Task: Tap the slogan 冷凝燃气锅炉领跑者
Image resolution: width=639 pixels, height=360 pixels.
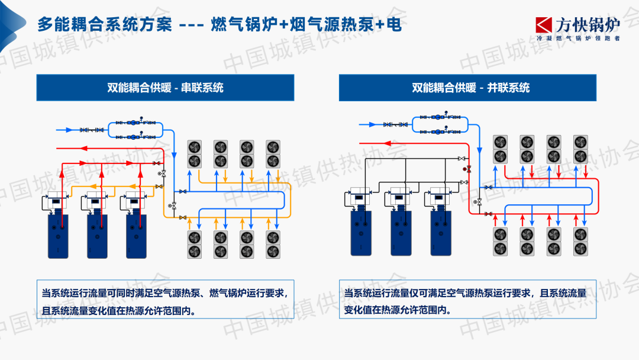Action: (577, 38)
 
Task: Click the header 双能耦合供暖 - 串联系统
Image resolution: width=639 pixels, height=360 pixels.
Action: (165, 88)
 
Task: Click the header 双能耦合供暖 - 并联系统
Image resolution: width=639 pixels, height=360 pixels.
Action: (470, 88)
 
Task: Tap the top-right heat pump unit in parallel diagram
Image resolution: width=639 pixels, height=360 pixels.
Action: (580, 149)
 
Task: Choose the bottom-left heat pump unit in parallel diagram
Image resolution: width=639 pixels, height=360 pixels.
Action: (501, 241)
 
